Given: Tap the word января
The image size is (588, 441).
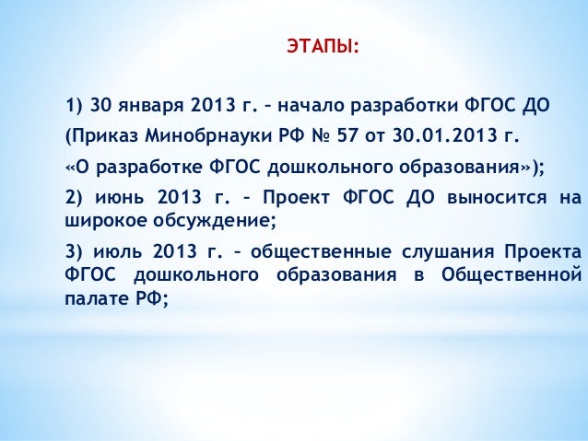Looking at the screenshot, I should (153, 103).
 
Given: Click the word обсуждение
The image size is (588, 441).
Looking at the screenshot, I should (215, 220).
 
